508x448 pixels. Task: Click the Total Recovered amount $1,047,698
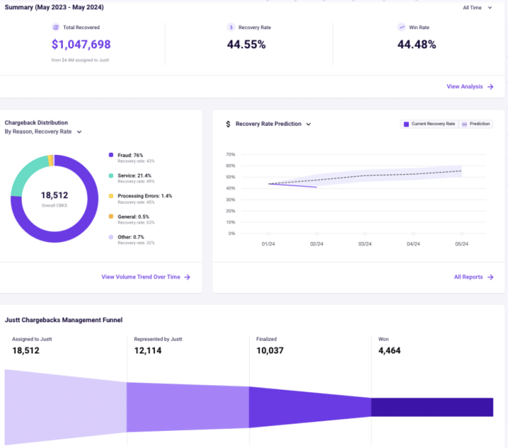[x=81, y=44]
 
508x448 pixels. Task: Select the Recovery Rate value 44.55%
[x=246, y=44]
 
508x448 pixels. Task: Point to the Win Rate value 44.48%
[x=416, y=44]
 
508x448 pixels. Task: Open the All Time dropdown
[x=477, y=8]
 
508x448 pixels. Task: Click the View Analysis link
[x=470, y=87]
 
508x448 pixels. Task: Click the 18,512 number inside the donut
[x=54, y=195]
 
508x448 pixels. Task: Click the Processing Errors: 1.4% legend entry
[x=144, y=196]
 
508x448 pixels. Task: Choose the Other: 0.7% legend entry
[x=130, y=237]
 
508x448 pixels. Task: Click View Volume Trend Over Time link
[x=146, y=277]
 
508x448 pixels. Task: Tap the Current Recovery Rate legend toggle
[x=429, y=124]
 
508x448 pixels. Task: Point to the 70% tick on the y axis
[x=231, y=154]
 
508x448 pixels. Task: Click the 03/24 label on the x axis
[x=364, y=244]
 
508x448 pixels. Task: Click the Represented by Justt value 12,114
[x=148, y=350]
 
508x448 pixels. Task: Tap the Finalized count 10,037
[x=270, y=350]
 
